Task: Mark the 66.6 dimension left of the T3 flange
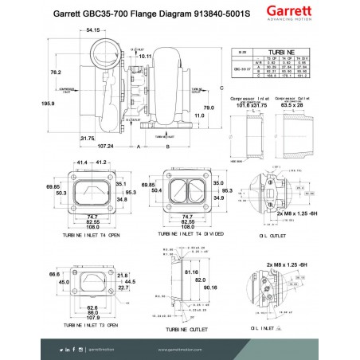[53, 273]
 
